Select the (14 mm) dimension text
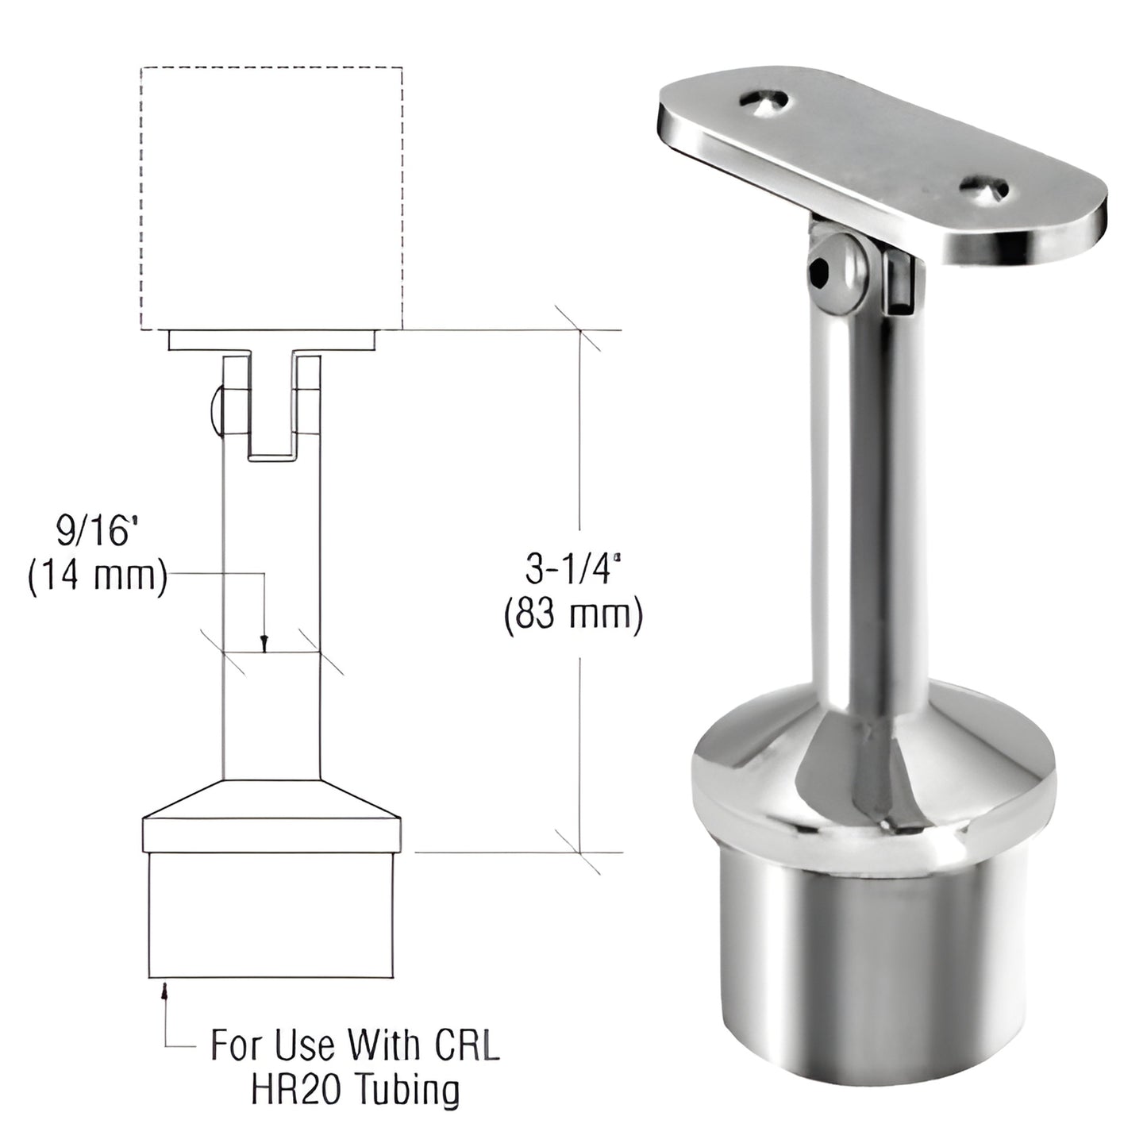(97, 577)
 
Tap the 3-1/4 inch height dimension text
(571, 570)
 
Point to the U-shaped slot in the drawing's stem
(272, 413)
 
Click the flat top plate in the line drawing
(272, 341)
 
